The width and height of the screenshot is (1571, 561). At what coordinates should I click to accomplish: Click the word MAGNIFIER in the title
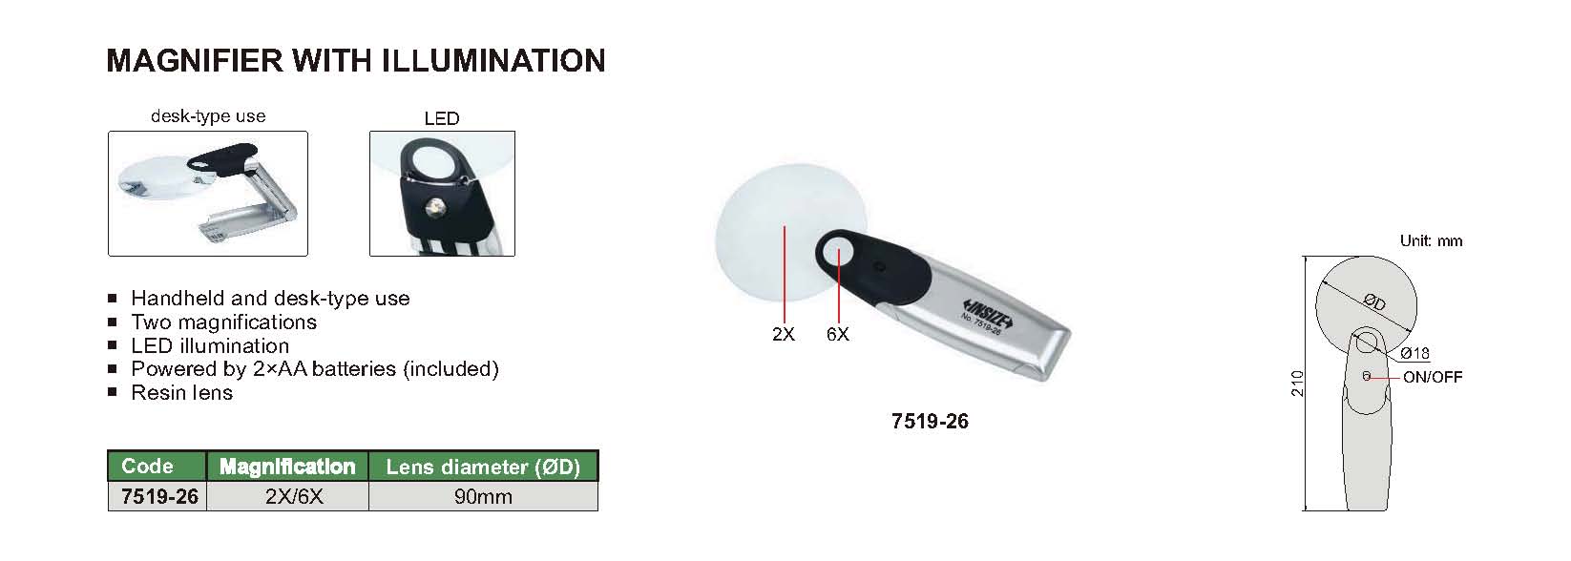(195, 61)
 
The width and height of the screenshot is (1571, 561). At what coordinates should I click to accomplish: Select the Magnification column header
(287, 467)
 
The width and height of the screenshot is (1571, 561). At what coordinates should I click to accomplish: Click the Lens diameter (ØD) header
(483, 467)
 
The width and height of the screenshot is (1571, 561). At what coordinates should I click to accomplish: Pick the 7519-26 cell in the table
(160, 496)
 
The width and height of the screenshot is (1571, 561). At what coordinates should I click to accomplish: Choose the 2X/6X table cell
(295, 496)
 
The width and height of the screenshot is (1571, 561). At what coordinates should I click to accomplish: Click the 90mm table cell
(483, 496)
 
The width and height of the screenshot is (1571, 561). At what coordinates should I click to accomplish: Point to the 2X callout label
(784, 335)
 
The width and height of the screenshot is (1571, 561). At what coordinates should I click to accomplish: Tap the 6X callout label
(837, 335)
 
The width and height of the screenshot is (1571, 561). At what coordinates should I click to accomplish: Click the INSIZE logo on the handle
(988, 314)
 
